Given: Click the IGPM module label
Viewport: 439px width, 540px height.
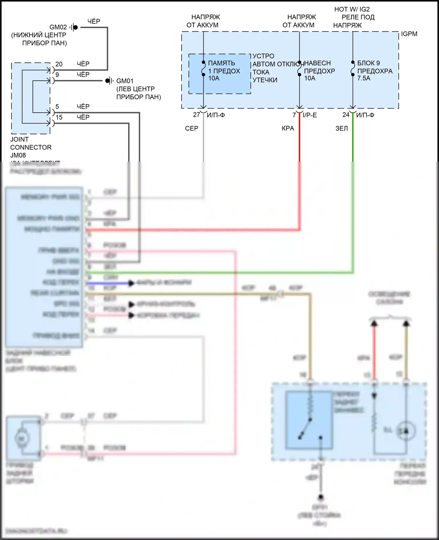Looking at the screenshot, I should [409, 34].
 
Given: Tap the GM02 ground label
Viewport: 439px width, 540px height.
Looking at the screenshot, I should [58, 27].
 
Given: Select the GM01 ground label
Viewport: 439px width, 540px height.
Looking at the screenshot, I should [125, 81].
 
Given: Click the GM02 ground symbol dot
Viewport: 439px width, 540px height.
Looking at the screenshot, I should [76, 27].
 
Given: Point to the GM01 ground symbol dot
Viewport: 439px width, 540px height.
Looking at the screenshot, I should [107, 80].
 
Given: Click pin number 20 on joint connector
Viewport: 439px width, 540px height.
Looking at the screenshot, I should [59, 64].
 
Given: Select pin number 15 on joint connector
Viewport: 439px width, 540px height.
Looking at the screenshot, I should [59, 117].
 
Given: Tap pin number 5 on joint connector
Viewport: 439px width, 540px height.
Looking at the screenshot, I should [57, 106].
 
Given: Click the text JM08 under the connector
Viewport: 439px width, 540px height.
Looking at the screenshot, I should [18, 155].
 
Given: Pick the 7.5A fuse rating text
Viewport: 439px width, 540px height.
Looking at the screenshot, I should [364, 78].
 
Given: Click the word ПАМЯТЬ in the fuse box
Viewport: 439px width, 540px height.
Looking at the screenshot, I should [222, 63].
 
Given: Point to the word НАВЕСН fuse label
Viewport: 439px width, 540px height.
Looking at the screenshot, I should [318, 63].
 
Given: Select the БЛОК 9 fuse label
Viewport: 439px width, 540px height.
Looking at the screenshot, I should [368, 63].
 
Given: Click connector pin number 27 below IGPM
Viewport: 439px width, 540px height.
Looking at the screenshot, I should [196, 115].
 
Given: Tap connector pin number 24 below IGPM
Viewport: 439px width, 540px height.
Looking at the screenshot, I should [346, 115].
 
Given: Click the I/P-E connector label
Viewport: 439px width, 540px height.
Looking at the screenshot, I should [310, 115].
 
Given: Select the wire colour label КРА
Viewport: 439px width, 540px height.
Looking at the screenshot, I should [288, 128].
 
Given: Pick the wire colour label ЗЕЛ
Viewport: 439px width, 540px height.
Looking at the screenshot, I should [342, 128].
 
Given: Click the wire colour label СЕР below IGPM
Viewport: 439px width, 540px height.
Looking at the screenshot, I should [192, 128].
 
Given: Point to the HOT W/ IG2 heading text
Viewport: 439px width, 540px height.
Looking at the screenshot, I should [352, 9].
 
